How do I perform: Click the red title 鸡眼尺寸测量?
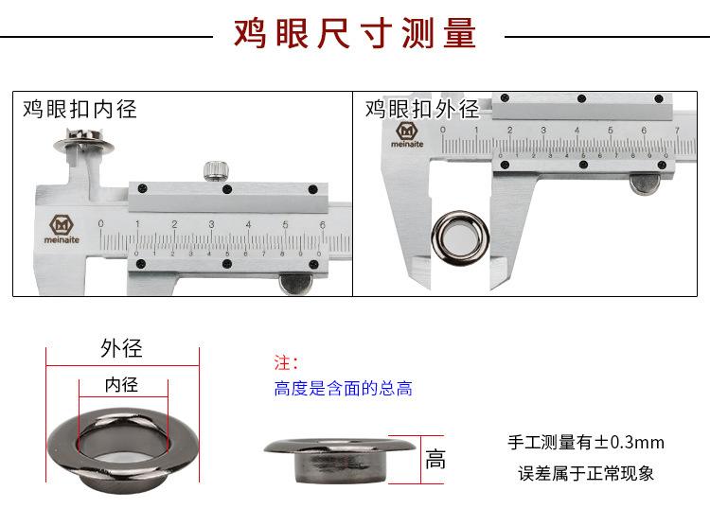tap(355, 32)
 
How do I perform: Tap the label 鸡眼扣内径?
tap(80, 109)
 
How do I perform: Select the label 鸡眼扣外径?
tap(422, 109)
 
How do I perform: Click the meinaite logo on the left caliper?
tap(62, 229)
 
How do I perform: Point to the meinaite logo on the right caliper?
tap(407, 135)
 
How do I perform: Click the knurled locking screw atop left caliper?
tap(216, 171)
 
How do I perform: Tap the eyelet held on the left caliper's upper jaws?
tap(83, 140)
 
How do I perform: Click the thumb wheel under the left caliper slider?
tap(296, 284)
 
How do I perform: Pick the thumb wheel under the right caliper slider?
tap(645, 184)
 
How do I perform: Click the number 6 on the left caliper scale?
tap(323, 224)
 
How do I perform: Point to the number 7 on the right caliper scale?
tap(678, 131)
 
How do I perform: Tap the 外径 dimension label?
tap(121, 348)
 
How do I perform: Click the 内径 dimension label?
tap(121, 385)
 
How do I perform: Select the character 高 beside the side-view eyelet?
tap(435, 459)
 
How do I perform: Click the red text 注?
tap(286, 362)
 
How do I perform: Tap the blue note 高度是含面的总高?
tap(344, 389)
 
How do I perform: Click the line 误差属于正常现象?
tap(586, 473)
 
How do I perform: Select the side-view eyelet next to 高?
tap(340, 460)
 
